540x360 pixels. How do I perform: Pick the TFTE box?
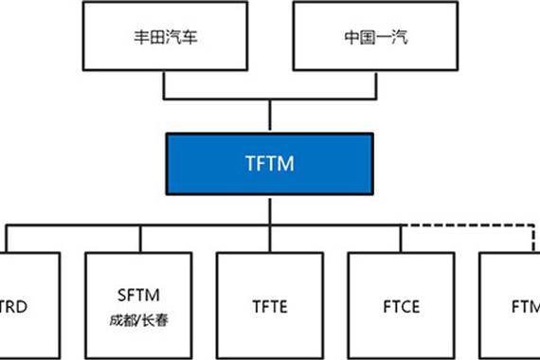click(x=269, y=306)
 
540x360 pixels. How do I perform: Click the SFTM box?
click(x=138, y=306)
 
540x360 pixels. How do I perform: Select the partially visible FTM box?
click(x=512, y=306)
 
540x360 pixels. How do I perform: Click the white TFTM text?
click(x=269, y=164)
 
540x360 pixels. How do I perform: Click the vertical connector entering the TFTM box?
click(x=270, y=116)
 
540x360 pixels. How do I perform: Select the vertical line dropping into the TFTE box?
click(x=270, y=239)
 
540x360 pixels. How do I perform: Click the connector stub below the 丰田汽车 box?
click(x=166, y=84)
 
